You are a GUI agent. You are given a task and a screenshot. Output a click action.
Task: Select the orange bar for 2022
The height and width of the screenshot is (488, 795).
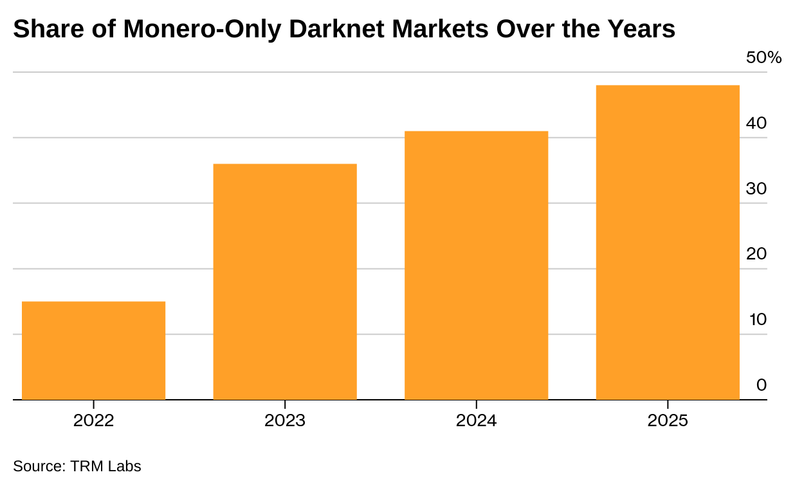coord(94,351)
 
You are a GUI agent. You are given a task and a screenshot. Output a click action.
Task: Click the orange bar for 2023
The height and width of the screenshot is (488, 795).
coord(285,281)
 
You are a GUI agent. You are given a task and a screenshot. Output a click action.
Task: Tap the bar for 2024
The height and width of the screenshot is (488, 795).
coord(476,265)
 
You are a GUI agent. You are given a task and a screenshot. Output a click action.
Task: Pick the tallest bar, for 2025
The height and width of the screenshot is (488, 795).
coord(668,243)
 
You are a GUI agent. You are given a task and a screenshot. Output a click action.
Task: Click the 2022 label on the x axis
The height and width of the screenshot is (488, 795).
coord(94,421)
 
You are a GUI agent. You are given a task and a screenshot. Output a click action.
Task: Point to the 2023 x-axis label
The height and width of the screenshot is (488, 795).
coord(285,421)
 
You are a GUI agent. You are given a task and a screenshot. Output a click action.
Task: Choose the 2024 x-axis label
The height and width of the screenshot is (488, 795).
coord(476,421)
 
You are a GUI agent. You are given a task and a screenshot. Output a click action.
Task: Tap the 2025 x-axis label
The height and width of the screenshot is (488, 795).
coord(668,421)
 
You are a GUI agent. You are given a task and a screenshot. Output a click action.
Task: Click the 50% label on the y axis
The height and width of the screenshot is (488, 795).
coord(763,57)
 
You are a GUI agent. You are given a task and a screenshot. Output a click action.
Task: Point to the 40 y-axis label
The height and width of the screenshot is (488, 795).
coord(756,123)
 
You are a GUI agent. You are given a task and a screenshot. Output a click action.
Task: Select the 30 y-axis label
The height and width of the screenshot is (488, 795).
coord(756,189)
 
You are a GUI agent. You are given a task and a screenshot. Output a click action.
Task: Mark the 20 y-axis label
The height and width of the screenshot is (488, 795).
coord(756,254)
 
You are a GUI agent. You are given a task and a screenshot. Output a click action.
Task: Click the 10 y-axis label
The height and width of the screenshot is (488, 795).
coord(758,320)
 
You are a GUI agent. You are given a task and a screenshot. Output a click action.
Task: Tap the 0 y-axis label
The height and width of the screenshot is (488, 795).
coord(762,385)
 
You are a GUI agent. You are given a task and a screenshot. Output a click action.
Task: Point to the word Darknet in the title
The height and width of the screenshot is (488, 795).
coord(337,29)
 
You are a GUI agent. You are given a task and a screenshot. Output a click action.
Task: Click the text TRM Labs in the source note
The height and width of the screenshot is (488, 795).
coord(105,466)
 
